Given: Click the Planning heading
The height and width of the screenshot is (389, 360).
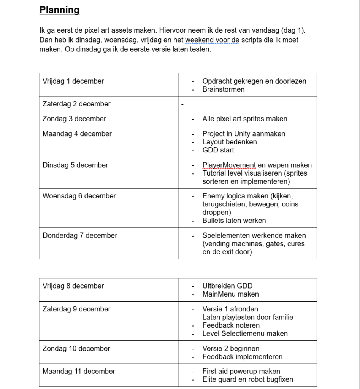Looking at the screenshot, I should pos(59,10).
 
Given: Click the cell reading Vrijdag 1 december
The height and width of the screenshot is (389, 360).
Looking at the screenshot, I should pos(73,81).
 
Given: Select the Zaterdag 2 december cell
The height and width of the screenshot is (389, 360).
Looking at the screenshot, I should pos(76,104).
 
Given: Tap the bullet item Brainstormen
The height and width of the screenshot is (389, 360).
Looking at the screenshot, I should pos(224,89).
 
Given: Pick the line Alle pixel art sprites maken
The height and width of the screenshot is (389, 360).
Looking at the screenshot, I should pos(245,119).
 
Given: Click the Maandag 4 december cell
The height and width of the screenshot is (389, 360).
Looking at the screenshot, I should pos(77,134).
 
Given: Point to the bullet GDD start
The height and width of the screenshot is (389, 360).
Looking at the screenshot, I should pos(218,150).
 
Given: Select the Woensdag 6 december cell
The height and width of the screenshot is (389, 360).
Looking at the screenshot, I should pos(79,196).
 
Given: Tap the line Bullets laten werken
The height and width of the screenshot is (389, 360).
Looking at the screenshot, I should pos(234,221).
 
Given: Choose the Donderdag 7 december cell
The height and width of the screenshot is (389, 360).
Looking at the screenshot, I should pos(80,235).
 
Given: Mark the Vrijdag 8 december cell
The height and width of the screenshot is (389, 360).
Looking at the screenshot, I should pos(73,286).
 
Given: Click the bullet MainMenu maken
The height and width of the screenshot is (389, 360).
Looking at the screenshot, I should pos(231,294).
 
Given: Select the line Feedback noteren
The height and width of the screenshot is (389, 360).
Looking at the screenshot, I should pos(231,325).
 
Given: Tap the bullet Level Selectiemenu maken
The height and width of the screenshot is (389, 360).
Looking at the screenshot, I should pos(245,333).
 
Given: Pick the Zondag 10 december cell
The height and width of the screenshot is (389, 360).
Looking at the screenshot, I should pos(76,349).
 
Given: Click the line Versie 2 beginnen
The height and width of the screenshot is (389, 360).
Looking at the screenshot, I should pos(231,349).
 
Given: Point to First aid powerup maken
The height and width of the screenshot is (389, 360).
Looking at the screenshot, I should pos(241,372).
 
